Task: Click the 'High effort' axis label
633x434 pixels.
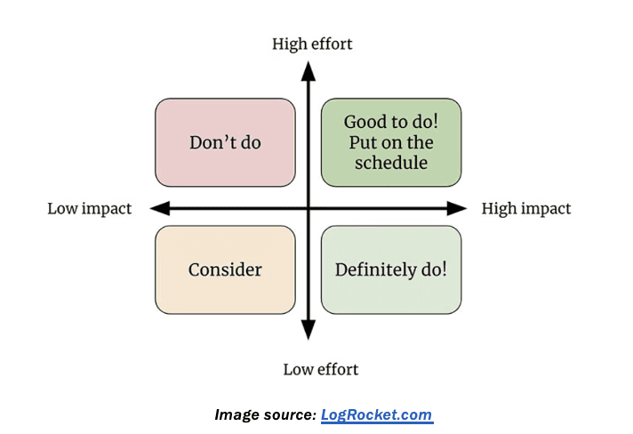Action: click(312, 44)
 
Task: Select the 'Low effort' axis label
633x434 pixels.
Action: click(320, 368)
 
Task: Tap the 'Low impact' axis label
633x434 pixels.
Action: click(89, 209)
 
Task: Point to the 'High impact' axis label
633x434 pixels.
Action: click(525, 209)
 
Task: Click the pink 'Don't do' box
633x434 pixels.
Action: click(225, 142)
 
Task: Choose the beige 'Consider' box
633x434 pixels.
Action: click(225, 269)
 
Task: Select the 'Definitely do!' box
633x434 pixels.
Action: click(391, 269)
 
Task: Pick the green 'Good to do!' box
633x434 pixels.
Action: click(391, 142)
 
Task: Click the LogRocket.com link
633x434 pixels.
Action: click(376, 414)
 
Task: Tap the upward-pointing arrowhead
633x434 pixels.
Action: click(308, 70)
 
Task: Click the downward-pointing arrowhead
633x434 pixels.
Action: click(308, 331)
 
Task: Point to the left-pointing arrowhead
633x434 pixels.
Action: click(160, 209)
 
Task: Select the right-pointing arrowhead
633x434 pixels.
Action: click(457, 209)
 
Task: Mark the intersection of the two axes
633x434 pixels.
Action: click(308, 209)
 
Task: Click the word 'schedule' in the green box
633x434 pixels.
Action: click(391, 163)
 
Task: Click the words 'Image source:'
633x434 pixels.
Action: click(265, 414)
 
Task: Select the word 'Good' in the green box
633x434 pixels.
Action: click(365, 122)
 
